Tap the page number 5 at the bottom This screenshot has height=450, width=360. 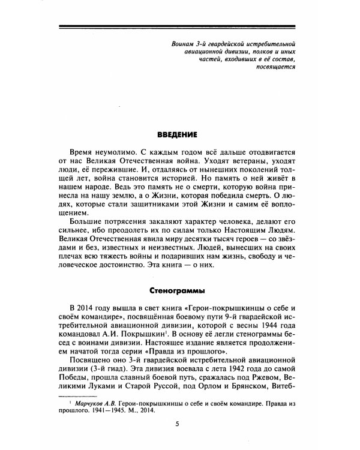(177, 425)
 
